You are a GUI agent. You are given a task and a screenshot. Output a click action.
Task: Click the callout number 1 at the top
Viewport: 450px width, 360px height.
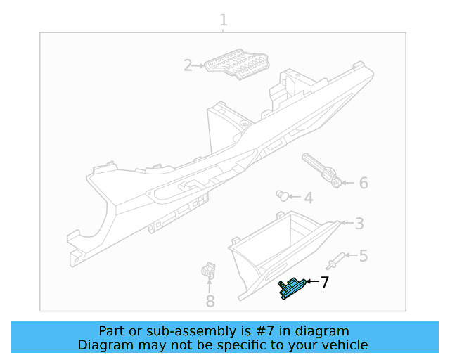point(224,20)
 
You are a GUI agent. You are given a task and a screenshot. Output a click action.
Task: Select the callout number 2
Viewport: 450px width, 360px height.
point(188,66)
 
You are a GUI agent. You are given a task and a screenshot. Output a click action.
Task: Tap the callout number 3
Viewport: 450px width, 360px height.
point(359,224)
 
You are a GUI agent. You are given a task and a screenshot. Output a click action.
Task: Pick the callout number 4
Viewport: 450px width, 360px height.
point(308,198)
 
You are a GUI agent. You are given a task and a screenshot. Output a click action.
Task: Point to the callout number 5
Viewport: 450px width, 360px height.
point(363,256)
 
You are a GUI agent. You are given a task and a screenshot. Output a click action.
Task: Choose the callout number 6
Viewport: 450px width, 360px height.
point(363,184)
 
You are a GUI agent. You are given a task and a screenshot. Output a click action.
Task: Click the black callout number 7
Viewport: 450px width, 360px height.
point(324,283)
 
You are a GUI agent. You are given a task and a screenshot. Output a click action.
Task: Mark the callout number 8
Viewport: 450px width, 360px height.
point(210,302)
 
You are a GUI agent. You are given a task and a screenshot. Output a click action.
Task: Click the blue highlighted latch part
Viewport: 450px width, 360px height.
point(292,288)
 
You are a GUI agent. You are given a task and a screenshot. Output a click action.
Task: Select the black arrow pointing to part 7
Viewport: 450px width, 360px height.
point(311,282)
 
